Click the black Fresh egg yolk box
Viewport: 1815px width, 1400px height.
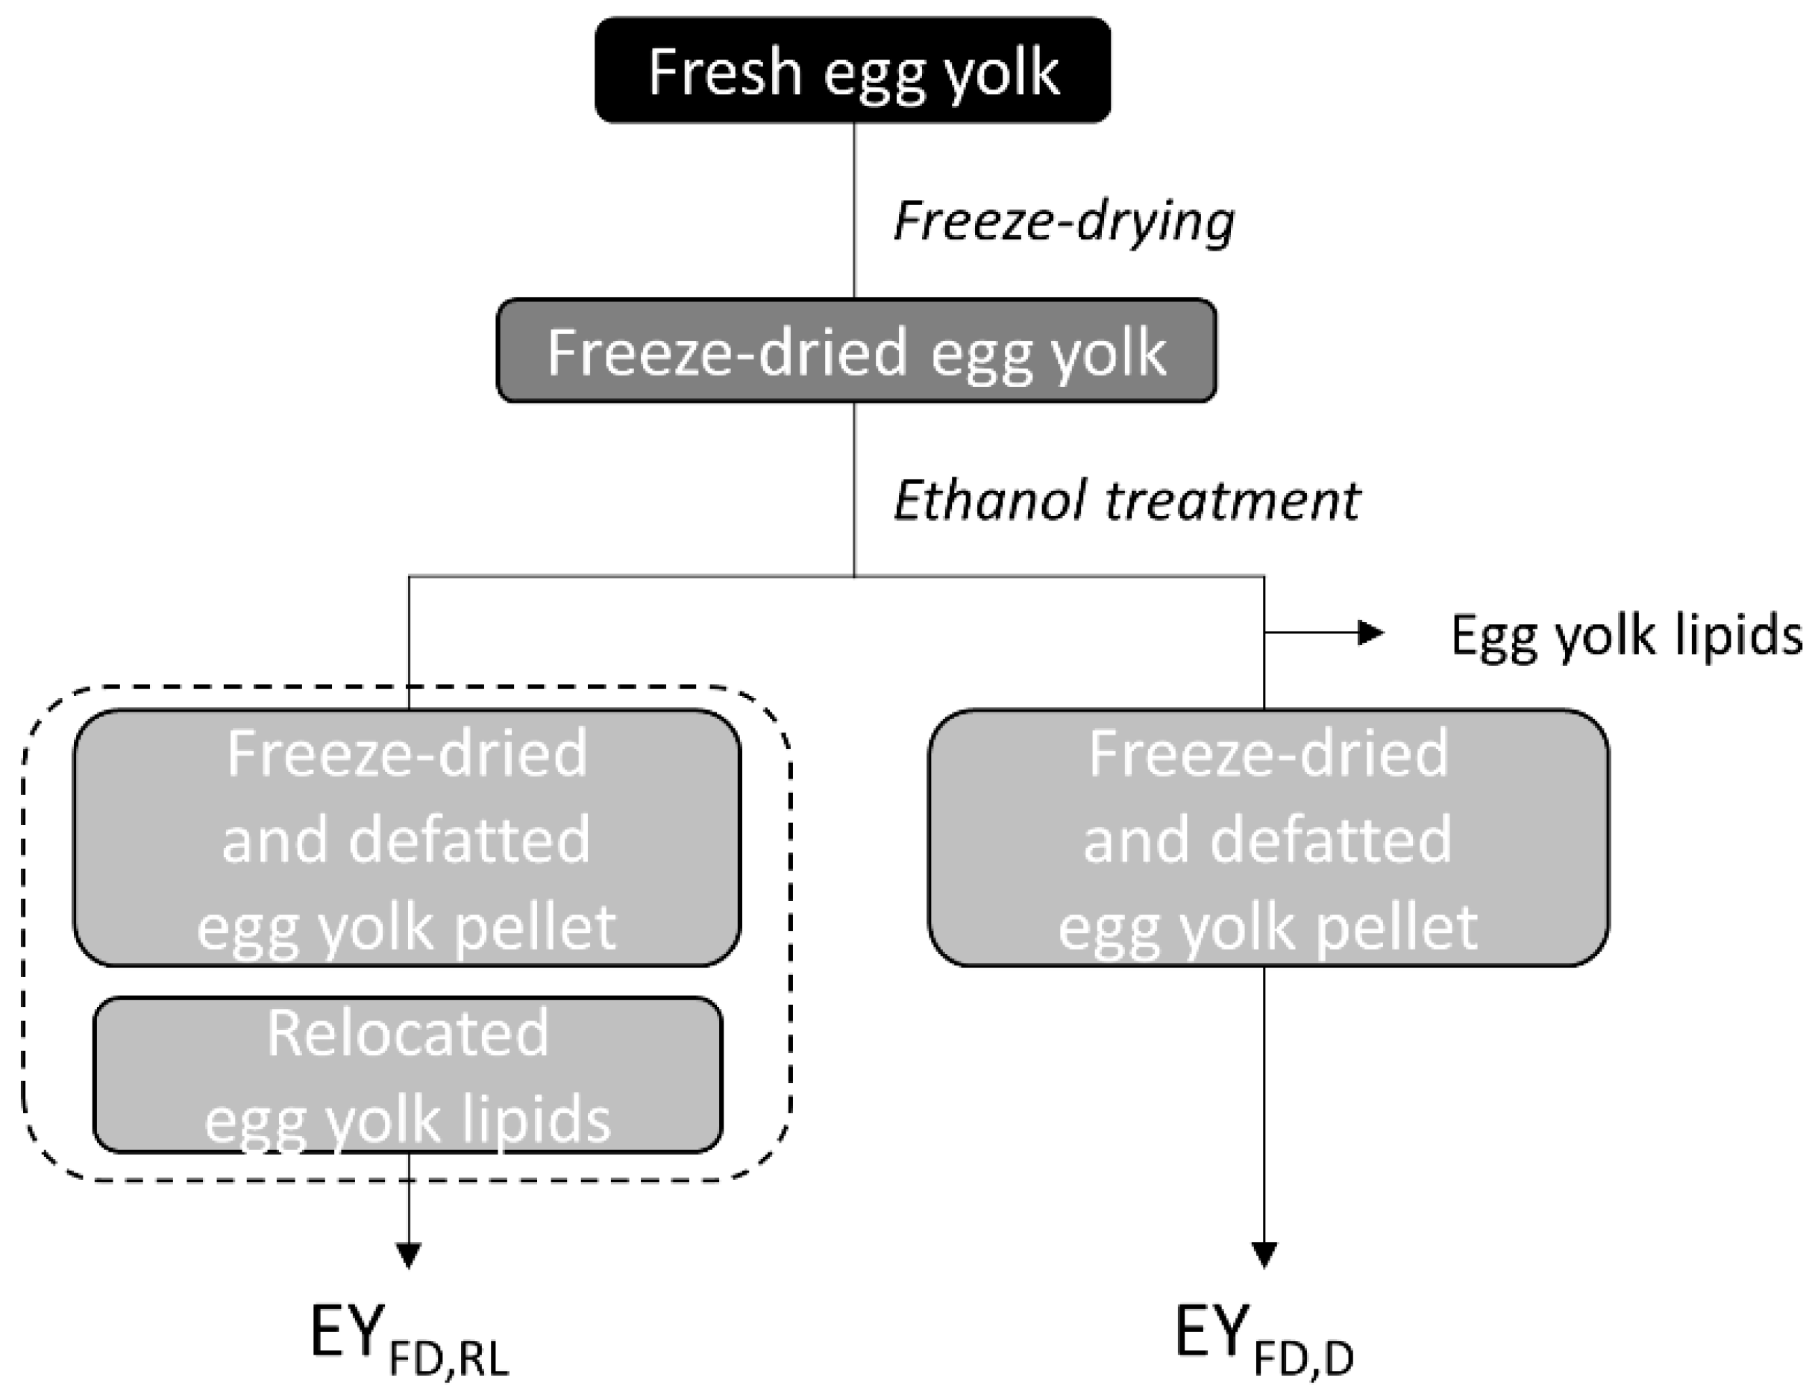click(853, 71)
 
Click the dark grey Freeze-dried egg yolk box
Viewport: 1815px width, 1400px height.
click(856, 351)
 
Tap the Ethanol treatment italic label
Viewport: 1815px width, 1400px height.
click(1126, 502)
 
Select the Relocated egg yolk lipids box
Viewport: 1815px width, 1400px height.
click(407, 1075)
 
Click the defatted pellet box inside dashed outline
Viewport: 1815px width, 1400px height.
click(407, 838)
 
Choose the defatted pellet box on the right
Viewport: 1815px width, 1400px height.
click(1268, 838)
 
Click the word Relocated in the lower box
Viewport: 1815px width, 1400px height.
click(407, 1034)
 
